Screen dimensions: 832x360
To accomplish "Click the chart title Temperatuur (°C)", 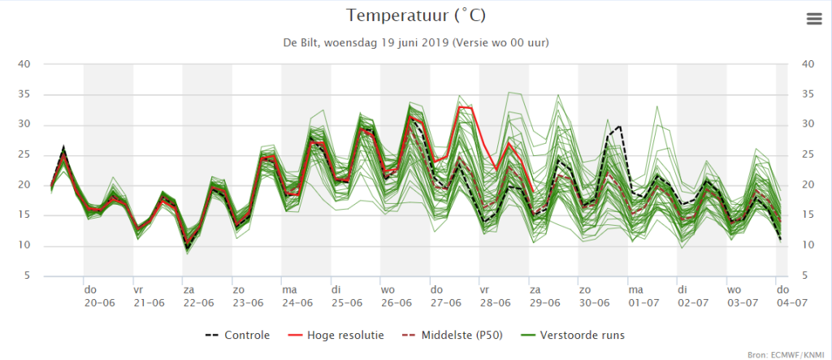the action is (416, 15).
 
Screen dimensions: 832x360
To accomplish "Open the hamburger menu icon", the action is (812, 20).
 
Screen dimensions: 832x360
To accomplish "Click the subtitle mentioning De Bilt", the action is (416, 43).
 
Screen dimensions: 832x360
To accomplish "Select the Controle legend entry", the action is (238, 335).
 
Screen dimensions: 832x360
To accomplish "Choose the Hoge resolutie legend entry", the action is (337, 335).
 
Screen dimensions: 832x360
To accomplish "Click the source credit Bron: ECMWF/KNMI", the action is (786, 354).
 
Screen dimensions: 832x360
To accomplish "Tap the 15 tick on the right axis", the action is (794, 215).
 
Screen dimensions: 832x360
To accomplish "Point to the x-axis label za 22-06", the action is (198, 297).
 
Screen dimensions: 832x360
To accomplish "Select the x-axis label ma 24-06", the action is (297, 297).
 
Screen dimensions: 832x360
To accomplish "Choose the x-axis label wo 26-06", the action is (396, 297).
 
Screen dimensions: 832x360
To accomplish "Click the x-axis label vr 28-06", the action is (495, 297).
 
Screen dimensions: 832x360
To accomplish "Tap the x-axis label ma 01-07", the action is (643, 297).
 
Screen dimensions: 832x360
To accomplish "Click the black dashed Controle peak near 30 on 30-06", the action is (620, 127).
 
